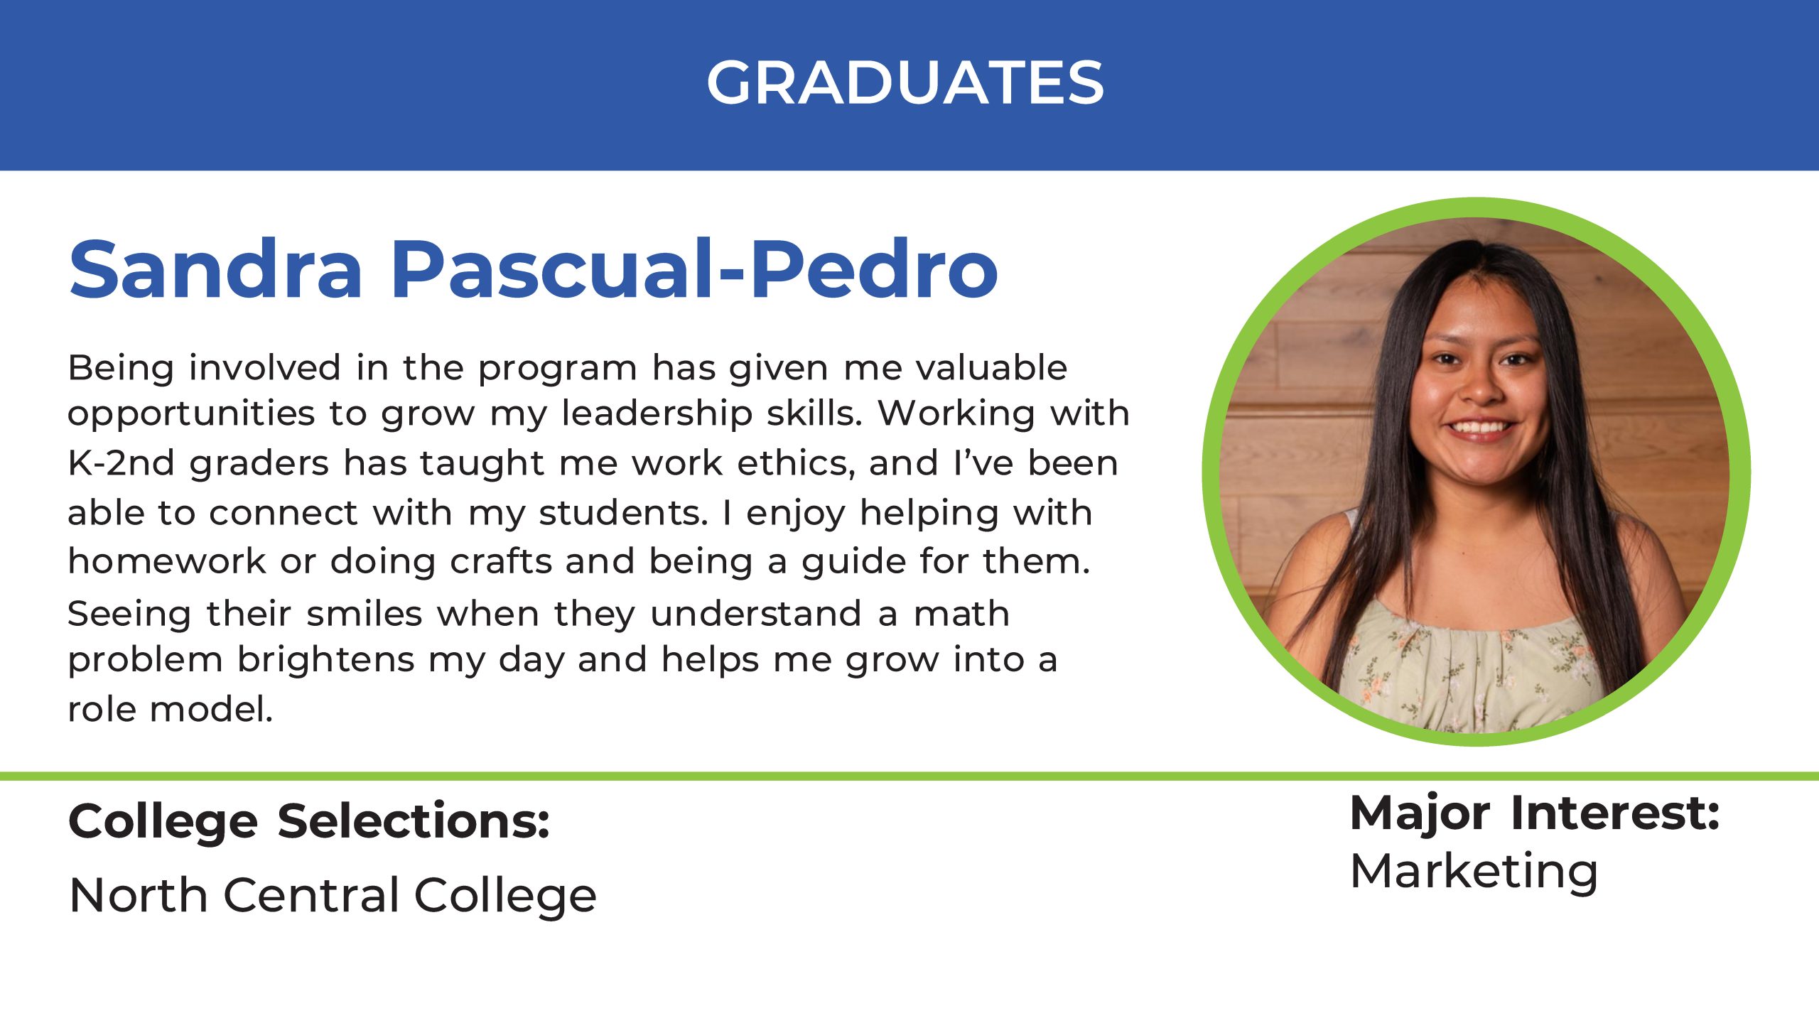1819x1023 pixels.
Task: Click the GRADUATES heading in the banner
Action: [x=905, y=82]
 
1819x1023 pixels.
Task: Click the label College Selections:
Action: [x=309, y=822]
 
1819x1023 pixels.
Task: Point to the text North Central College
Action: [x=333, y=894]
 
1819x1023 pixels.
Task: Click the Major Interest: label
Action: [x=1534, y=813]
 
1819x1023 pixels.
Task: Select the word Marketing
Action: [x=1474, y=872]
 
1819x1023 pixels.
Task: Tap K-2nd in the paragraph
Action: [x=122, y=463]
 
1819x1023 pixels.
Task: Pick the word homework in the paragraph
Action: [x=167, y=561]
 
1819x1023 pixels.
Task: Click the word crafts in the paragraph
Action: [x=501, y=561]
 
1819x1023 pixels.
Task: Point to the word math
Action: [x=961, y=614]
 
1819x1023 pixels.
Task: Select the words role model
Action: [x=171, y=709]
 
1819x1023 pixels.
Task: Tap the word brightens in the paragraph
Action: [x=326, y=661]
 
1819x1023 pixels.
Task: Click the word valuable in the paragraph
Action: [x=991, y=368]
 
